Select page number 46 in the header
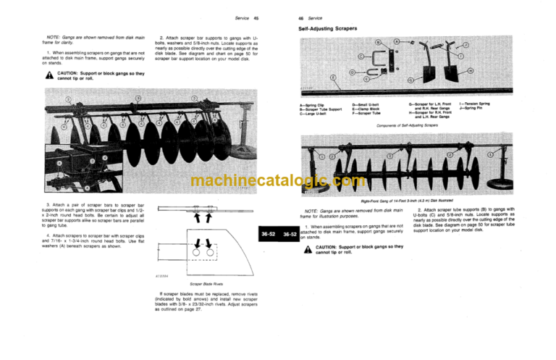point(300,17)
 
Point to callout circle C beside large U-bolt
point(361,55)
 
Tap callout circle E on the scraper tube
point(332,77)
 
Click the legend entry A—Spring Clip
point(312,104)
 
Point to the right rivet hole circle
point(209,254)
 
